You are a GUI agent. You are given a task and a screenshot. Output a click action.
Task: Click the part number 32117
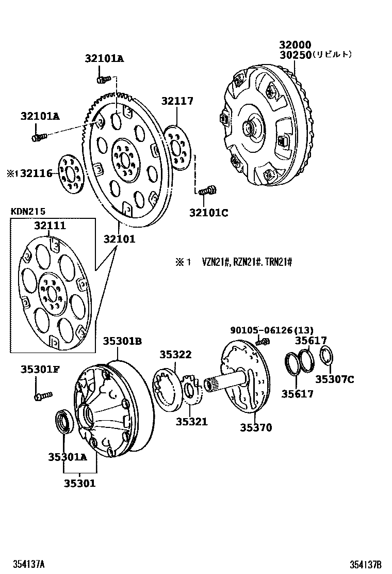pos(177,101)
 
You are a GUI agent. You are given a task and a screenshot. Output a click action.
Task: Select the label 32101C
pos(208,212)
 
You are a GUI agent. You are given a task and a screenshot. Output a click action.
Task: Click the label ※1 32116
pos(30,174)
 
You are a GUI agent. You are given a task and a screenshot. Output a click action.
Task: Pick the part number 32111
pos(50,226)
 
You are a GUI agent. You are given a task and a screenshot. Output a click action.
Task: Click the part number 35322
pos(175,355)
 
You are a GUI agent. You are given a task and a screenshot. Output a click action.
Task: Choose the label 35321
pos(191,422)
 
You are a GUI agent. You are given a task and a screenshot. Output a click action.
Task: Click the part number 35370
pos(255,428)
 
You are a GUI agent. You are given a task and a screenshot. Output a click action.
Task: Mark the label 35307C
pos(335,380)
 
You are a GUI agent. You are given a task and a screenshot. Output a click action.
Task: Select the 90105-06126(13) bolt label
pos(272,330)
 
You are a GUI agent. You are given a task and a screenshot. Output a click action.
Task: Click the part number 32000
pos(296,45)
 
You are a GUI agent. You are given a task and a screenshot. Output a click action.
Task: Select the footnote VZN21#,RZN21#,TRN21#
pos(247,263)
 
